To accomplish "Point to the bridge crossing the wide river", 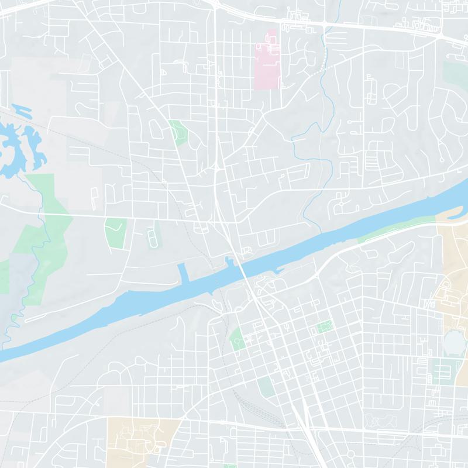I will pyautogui.click(x=242, y=270).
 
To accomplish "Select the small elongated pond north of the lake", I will pyautogui.click(x=20, y=109).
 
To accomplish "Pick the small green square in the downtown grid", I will pyautogui.click(x=324, y=327).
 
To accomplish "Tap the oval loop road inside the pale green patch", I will pyautogui.click(x=152, y=237).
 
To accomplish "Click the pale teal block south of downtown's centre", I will pyautogui.click(x=266, y=386).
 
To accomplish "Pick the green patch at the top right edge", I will pyautogui.click(x=456, y=73).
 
